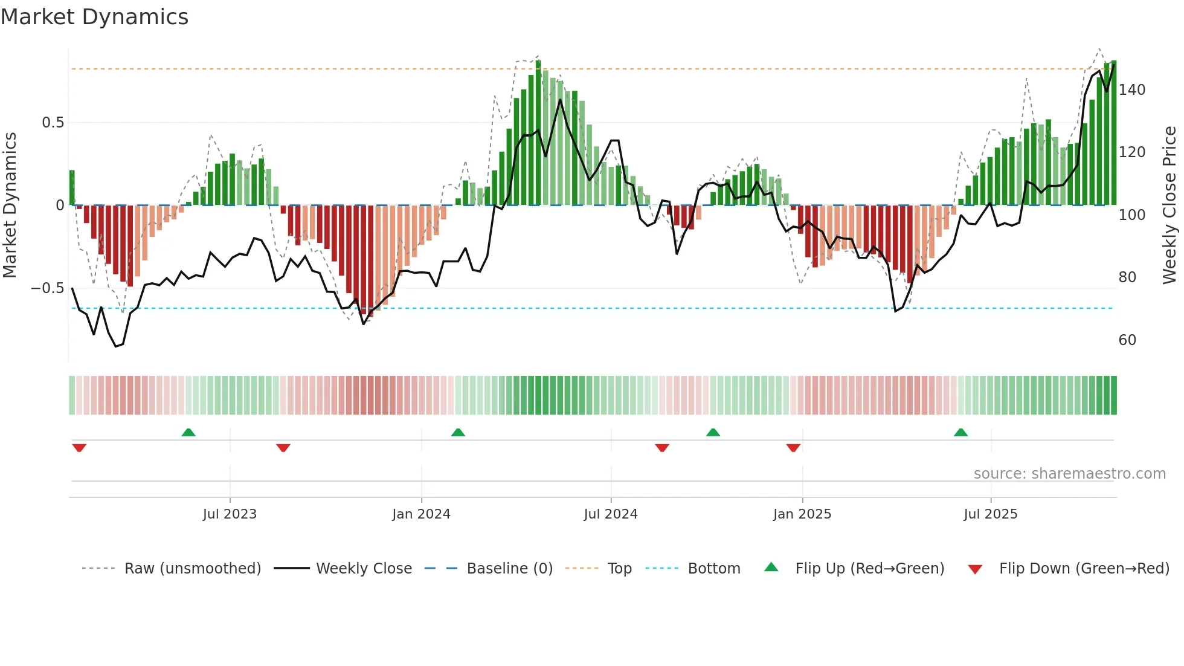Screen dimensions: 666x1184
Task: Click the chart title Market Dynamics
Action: point(94,17)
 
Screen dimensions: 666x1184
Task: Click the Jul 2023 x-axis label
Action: point(230,514)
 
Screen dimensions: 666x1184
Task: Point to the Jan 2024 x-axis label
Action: point(421,514)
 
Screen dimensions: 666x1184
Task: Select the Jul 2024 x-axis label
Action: point(610,514)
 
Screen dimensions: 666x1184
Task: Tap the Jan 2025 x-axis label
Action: point(802,514)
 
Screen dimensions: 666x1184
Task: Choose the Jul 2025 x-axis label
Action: point(990,514)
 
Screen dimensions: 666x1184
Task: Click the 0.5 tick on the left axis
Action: point(53,123)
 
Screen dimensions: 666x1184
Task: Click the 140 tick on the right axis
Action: point(1131,90)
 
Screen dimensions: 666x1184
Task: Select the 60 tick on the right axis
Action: point(1127,340)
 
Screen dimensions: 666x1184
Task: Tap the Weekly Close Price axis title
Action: point(1170,205)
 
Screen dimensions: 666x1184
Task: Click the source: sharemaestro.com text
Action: point(1069,474)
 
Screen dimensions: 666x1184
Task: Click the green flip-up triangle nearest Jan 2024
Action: point(458,432)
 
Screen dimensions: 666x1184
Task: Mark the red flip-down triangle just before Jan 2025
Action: point(793,448)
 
